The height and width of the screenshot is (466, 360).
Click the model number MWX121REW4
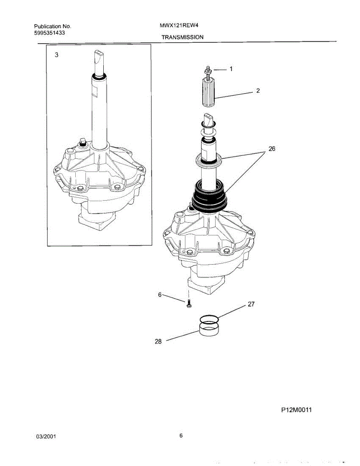[177, 26]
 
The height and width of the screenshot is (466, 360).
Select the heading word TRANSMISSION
[183, 37]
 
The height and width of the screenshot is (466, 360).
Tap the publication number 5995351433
[49, 33]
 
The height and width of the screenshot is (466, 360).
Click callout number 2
[258, 91]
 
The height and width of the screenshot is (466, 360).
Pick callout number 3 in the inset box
[57, 55]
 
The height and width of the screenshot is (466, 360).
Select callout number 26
[272, 149]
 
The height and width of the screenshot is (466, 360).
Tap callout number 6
[159, 295]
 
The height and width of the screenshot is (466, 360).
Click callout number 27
[251, 304]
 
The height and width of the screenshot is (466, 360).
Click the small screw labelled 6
[189, 304]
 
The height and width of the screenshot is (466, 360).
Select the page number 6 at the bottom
[181, 435]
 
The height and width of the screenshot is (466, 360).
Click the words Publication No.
[52, 26]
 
